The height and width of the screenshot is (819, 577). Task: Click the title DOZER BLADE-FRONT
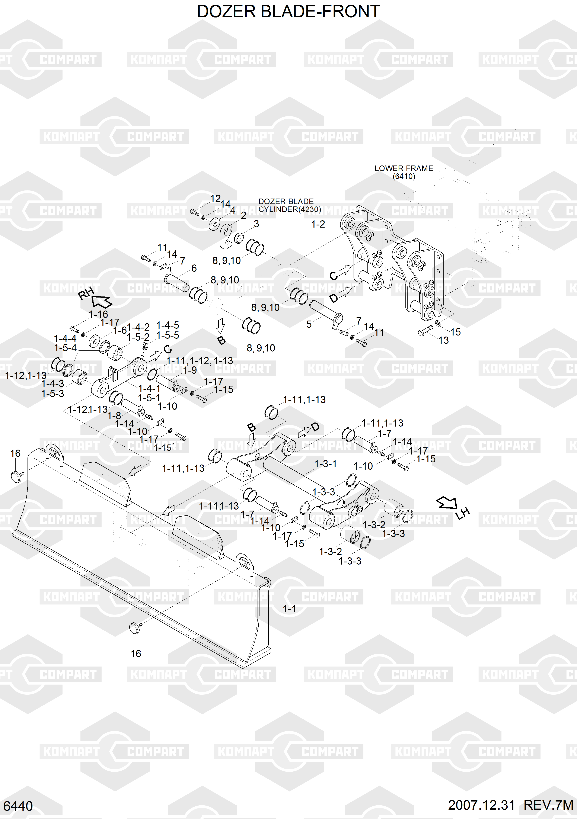point(288,12)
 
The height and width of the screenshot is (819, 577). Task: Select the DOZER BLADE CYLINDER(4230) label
point(289,205)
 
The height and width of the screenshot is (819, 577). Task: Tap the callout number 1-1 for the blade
point(289,609)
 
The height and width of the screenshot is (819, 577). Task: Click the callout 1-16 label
point(98,314)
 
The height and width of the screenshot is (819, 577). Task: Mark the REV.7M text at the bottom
point(548,805)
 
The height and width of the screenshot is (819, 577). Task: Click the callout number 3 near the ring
point(256,224)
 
